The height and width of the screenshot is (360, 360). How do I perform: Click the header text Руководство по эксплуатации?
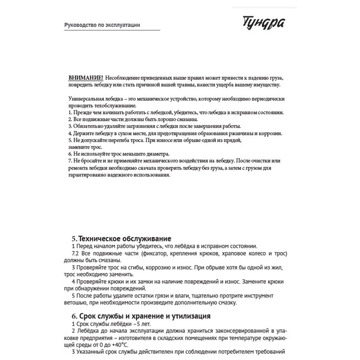coord(102,25)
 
